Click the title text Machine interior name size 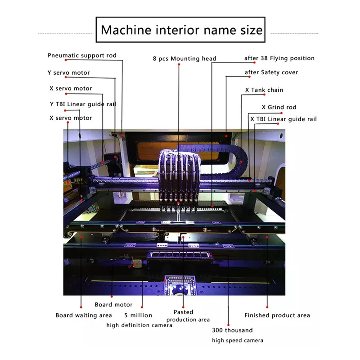181,30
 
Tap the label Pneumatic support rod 82,55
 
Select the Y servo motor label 69,72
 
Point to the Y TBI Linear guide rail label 83,104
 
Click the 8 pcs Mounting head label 184,58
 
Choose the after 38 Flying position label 279,58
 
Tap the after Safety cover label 271,72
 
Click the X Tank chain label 264,90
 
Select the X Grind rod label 279,107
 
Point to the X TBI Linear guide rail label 283,119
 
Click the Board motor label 113,305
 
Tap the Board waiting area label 84,315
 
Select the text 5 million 138,315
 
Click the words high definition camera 139,325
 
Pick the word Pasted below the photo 183,312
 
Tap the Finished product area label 277,315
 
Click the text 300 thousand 232,330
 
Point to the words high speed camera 238,340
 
